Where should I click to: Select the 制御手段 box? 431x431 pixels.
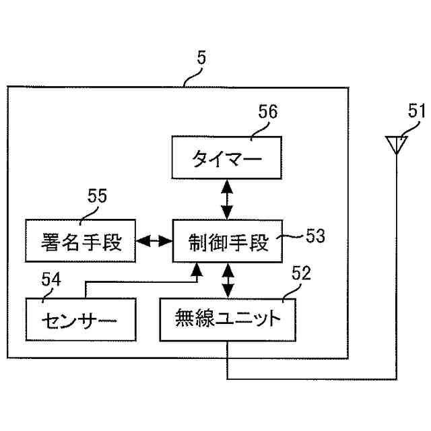(227, 241)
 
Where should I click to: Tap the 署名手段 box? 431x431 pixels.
(79, 241)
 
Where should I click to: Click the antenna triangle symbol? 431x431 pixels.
(396, 143)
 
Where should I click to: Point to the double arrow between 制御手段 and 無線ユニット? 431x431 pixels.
(227, 280)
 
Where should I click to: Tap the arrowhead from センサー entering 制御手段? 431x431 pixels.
(197, 269)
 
